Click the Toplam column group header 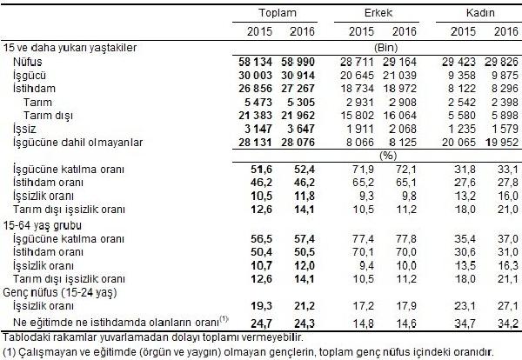pyautogui.click(x=278, y=13)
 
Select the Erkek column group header pyautogui.click(x=378, y=13)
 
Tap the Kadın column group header pyautogui.click(x=480, y=13)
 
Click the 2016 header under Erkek pyautogui.click(x=405, y=31)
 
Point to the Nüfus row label pyautogui.click(x=28, y=62)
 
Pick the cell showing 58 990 pyautogui.click(x=298, y=62)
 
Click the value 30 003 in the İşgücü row pyautogui.click(x=255, y=75)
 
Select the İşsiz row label pyautogui.click(x=24, y=129)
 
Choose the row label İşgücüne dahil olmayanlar pyautogui.click(x=78, y=143)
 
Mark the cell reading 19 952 pyautogui.click(x=502, y=143)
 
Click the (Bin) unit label pyautogui.click(x=386, y=48)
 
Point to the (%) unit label pyautogui.click(x=388, y=156)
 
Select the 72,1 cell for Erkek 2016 pyautogui.click(x=405, y=170)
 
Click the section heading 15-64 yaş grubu pyautogui.click(x=43, y=225)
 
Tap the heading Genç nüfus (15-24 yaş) pyautogui.click(x=60, y=292)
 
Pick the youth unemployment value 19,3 pyautogui.click(x=261, y=306)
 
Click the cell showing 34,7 pyautogui.click(x=465, y=323)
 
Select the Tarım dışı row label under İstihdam pyautogui.click(x=48, y=116)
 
